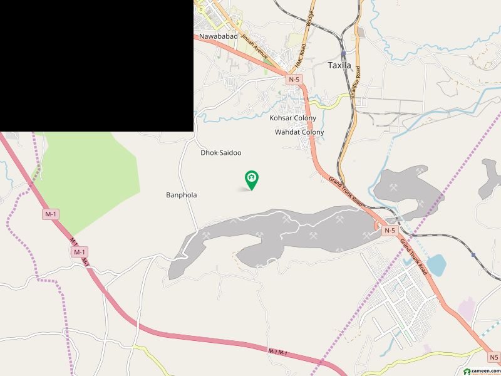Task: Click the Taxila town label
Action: pos(341,65)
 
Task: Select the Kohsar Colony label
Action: pos(292,118)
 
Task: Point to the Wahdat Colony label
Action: pos(299,132)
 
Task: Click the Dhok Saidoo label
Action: pos(220,152)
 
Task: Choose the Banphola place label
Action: pos(182,195)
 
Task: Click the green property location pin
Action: pos(252,180)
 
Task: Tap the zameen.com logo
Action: pos(481,371)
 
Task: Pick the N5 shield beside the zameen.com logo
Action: pos(493,358)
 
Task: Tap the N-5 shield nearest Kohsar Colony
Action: pos(294,80)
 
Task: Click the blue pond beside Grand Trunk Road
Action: pos(436,264)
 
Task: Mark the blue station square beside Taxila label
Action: pos(343,53)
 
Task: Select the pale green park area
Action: pos(94,182)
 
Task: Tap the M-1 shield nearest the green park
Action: pos(51,214)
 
